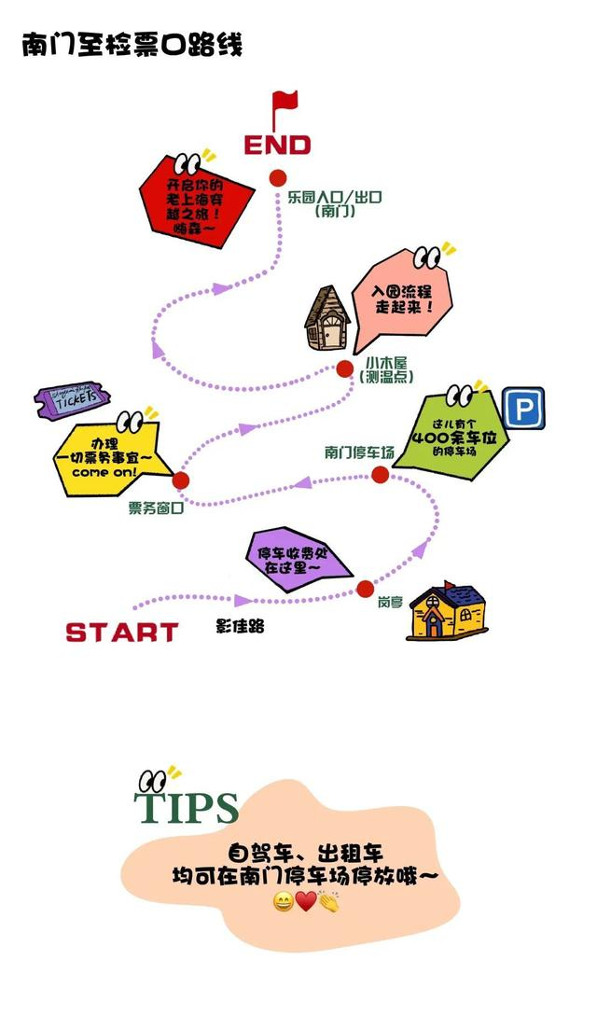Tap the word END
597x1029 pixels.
click(277, 145)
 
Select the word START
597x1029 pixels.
click(122, 633)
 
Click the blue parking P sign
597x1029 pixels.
click(523, 409)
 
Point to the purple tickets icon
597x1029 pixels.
click(72, 399)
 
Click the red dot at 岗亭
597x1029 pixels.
click(366, 589)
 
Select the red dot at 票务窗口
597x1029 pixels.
click(181, 480)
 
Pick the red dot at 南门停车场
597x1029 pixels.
click(380, 475)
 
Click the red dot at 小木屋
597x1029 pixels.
click(345, 368)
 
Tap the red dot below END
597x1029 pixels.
click(277, 178)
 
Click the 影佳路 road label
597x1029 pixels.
click(240, 626)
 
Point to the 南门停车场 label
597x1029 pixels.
click(359, 452)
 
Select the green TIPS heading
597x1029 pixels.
click(187, 808)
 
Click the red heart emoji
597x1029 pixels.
click(306, 902)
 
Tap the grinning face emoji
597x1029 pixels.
click(284, 902)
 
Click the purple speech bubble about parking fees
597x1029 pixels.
click(298, 559)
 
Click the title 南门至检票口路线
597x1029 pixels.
click(132, 45)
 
